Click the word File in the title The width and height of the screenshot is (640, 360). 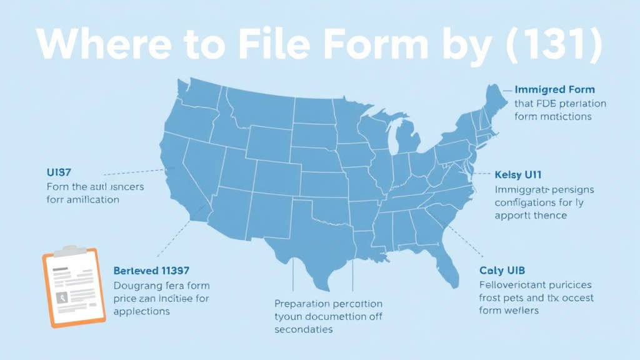pyautogui.click(x=274, y=46)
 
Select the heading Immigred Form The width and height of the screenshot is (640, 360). pyautogui.click(x=554, y=90)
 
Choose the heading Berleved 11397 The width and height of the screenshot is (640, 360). pyautogui.click(x=151, y=271)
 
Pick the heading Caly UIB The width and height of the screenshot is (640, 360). pyautogui.click(x=502, y=271)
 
